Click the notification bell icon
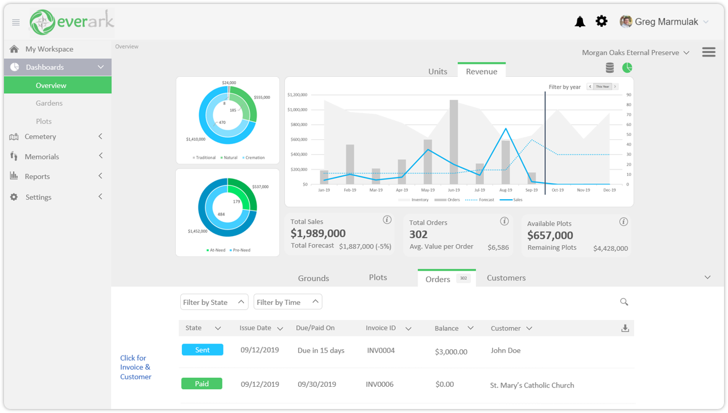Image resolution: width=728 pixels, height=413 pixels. [x=580, y=22]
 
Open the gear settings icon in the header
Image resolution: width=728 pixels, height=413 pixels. [x=601, y=22]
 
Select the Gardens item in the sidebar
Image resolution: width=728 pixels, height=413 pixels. [x=49, y=103]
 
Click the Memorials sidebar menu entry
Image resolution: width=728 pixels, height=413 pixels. [x=42, y=156]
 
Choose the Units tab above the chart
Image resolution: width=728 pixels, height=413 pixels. [x=437, y=71]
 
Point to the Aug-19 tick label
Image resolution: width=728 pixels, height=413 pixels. [x=506, y=190]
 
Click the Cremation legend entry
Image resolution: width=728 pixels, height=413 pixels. [x=255, y=158]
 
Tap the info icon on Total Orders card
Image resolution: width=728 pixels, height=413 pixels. [x=504, y=221]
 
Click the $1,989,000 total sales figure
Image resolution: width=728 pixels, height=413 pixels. [x=318, y=233]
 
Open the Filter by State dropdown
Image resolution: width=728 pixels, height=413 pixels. [x=214, y=302]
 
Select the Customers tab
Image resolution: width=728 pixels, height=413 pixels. [x=506, y=278]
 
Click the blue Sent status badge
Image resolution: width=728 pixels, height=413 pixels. [x=202, y=350]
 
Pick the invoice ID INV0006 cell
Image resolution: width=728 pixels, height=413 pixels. [x=379, y=384]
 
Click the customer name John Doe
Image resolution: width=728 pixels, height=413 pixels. [x=505, y=350]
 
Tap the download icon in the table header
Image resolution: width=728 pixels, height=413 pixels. [x=625, y=328]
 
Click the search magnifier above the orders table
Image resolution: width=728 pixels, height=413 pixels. [x=624, y=302]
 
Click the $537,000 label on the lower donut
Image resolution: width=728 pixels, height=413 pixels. [x=260, y=187]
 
